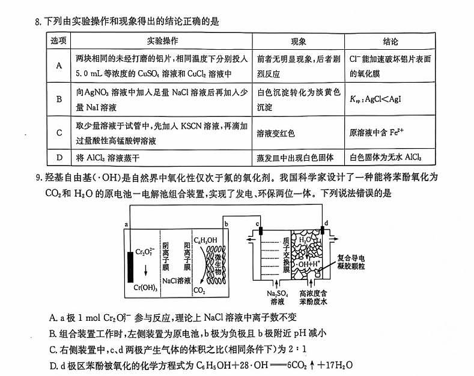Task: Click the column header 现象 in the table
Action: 298,42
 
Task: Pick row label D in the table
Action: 59,158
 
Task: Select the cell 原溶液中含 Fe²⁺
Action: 377,133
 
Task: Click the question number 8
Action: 38,22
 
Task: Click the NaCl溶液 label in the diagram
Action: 177,280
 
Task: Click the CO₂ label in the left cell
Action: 199,291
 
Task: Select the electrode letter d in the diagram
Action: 326,223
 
